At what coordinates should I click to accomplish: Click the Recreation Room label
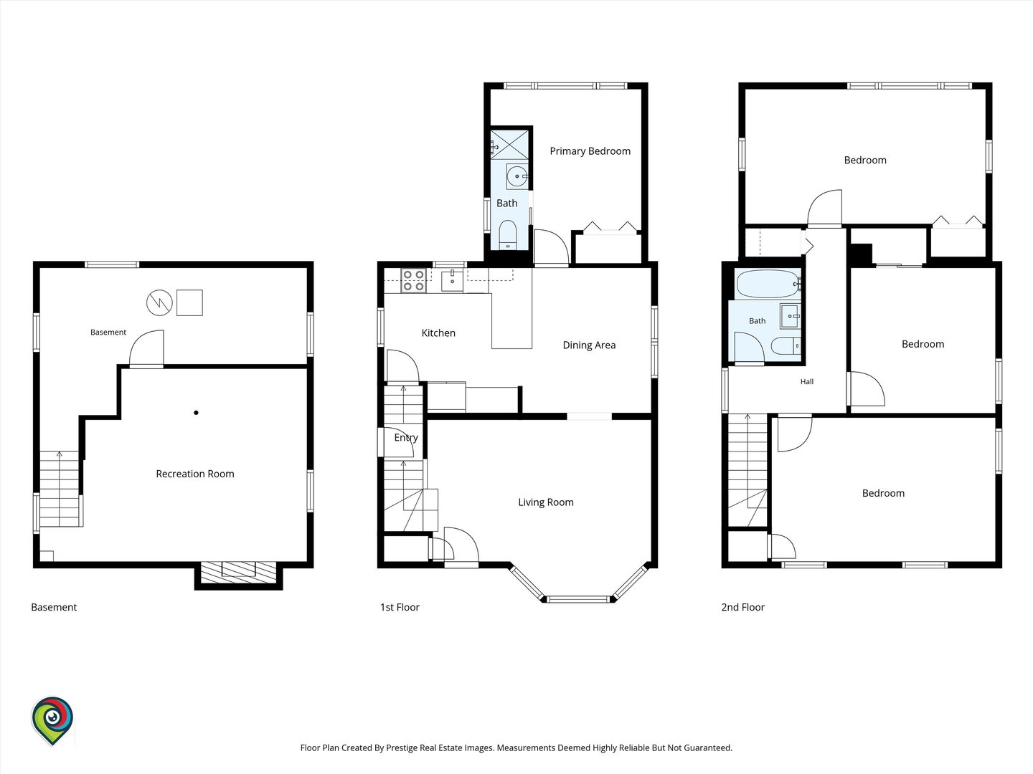[x=195, y=474]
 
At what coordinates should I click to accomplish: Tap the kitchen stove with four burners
[x=414, y=280]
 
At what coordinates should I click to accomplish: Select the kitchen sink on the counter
[x=452, y=280]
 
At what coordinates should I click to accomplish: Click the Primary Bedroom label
[x=590, y=150]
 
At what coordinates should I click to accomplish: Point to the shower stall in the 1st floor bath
[x=509, y=145]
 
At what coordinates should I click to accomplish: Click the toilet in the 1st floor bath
[x=508, y=235]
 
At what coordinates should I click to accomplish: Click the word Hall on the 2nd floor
[x=806, y=381]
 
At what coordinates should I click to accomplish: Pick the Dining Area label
[x=589, y=345]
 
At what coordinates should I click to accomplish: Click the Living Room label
[x=546, y=502]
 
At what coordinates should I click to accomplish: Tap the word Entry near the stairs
[x=406, y=437]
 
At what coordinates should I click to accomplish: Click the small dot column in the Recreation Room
[x=197, y=413]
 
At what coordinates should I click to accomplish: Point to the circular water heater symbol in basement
[x=159, y=302]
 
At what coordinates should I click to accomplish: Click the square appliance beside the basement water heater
[x=189, y=302]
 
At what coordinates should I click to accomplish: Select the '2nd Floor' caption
[x=742, y=607]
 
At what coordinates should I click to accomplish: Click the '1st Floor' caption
[x=400, y=607]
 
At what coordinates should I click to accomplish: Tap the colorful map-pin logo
[x=52, y=720]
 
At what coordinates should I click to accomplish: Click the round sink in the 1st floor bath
[x=516, y=177]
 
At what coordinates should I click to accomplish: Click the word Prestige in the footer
[x=403, y=747]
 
